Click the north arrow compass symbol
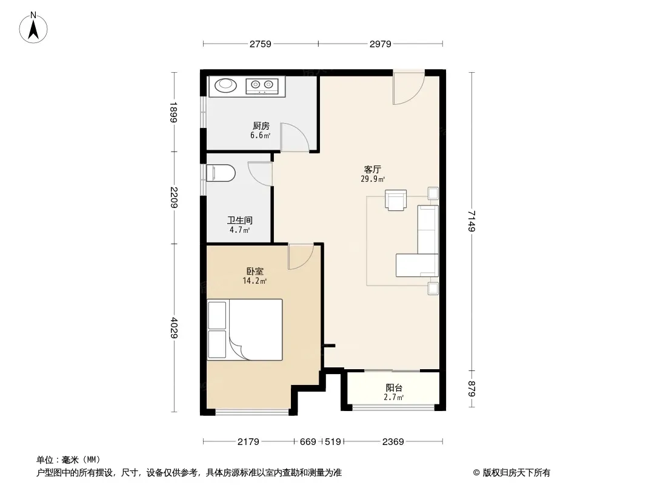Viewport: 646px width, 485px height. (33, 28)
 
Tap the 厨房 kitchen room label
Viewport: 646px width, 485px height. (261, 125)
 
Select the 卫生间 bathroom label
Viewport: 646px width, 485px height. (240, 220)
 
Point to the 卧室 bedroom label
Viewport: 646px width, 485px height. (255, 271)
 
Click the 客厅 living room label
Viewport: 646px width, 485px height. (373, 169)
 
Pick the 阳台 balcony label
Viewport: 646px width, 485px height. (394, 388)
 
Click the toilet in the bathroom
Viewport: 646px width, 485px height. (221, 173)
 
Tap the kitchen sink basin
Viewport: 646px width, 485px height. (225, 85)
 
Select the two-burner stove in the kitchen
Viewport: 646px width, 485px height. (262, 85)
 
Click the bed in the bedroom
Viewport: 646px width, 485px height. (245, 330)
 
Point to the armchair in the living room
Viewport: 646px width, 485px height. (396, 200)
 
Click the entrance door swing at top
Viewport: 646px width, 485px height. (408, 88)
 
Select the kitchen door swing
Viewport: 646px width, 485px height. (294, 137)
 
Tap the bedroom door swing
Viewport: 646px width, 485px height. (301, 256)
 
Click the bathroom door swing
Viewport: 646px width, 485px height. (260, 173)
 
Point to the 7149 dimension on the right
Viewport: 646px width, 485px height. (471, 221)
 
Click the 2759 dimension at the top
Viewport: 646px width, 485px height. (261, 44)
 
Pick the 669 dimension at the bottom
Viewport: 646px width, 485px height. (308, 442)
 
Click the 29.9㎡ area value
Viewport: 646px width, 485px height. (373, 179)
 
